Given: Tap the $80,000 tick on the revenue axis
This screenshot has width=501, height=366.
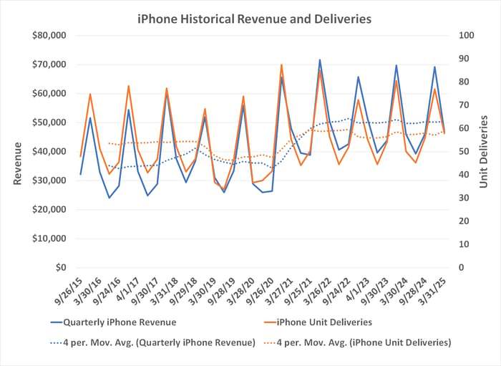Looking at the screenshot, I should (x=47, y=35).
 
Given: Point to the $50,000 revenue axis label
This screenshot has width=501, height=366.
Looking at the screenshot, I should (x=47, y=122).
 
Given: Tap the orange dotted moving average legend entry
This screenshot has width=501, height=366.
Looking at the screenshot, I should (x=365, y=342).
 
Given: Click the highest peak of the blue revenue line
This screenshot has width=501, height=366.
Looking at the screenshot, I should (x=319, y=59).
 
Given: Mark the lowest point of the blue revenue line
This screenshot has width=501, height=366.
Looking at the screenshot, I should (x=110, y=198).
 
